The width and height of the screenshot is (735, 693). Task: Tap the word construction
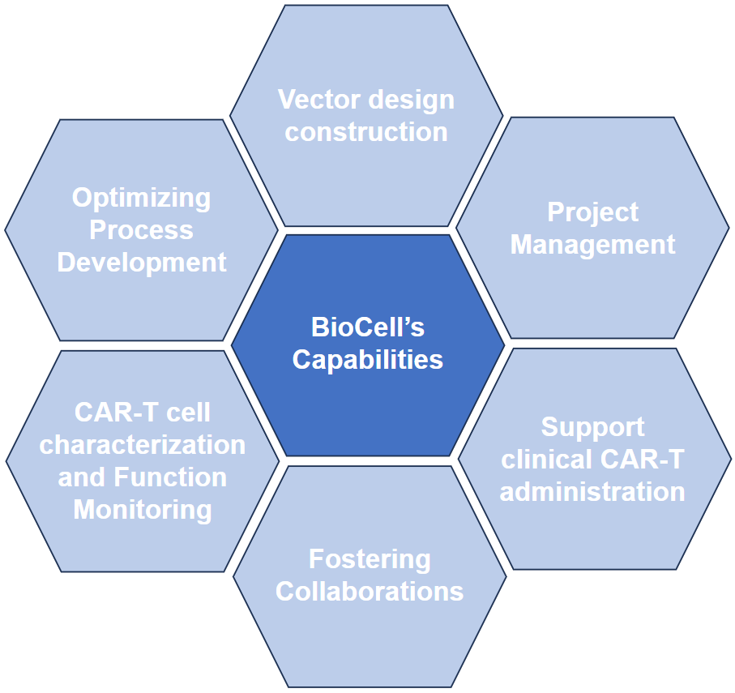(x=366, y=132)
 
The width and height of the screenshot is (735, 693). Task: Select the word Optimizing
(x=141, y=198)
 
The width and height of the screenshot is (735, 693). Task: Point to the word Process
(x=141, y=230)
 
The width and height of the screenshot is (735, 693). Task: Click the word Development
(x=142, y=263)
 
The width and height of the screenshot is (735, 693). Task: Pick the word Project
(x=593, y=212)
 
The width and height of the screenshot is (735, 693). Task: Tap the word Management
(x=593, y=245)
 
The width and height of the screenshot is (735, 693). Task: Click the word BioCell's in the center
(x=368, y=327)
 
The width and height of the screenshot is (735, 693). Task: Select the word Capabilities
(x=368, y=360)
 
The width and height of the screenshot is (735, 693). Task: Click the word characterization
(x=143, y=445)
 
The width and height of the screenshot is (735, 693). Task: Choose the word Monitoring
(x=143, y=510)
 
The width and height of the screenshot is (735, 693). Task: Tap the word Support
(x=593, y=427)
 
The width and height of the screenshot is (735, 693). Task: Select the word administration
(x=592, y=492)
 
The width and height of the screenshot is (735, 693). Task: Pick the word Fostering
(x=370, y=559)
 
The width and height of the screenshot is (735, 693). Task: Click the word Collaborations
(x=370, y=592)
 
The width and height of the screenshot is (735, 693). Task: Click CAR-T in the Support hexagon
(x=642, y=460)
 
